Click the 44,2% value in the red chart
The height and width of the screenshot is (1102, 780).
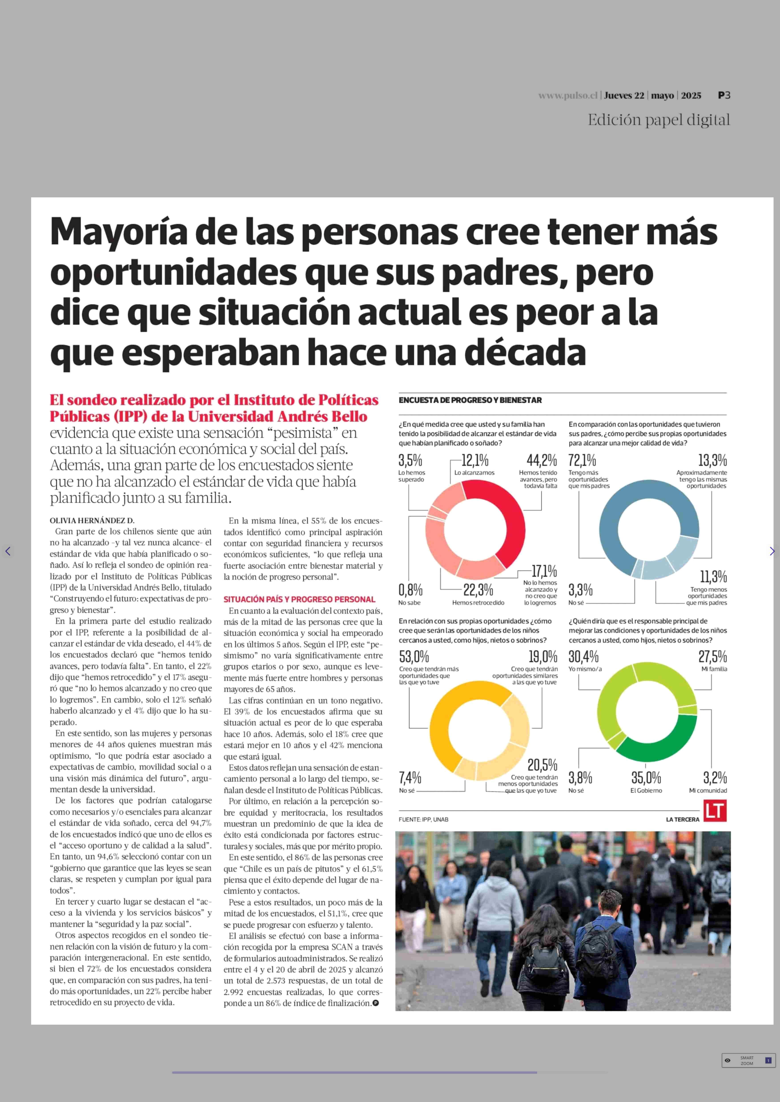[541, 461]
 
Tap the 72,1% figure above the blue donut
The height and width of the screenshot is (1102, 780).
[582, 461]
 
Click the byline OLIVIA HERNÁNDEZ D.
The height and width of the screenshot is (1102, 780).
[92, 521]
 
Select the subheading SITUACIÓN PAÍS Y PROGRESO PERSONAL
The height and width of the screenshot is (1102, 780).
[299, 599]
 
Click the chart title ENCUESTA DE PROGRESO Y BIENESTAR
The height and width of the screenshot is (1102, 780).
[470, 400]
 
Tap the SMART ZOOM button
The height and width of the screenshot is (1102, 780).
[748, 1060]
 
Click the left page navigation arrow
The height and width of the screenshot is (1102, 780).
[8, 551]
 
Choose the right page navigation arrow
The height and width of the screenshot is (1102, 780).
[772, 551]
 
